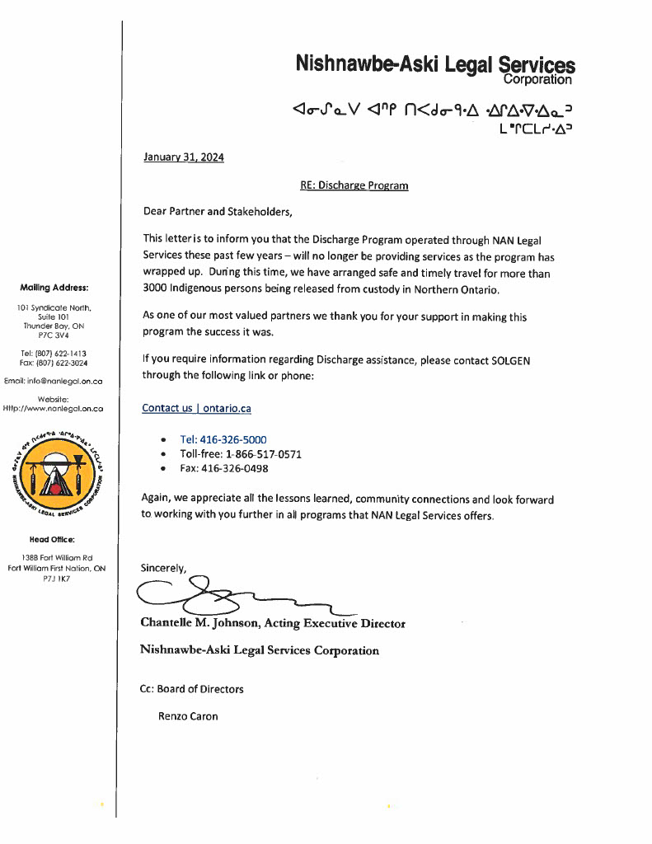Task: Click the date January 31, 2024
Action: pos(183,157)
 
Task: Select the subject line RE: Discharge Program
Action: pos(354,185)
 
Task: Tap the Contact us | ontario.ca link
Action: pos(196,408)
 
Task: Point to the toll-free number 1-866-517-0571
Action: pos(257,454)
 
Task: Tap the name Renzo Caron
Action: pos(188,716)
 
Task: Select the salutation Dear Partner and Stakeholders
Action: pos(218,212)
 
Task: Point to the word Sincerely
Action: pos(164,567)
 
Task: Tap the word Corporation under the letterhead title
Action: pos(537,80)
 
